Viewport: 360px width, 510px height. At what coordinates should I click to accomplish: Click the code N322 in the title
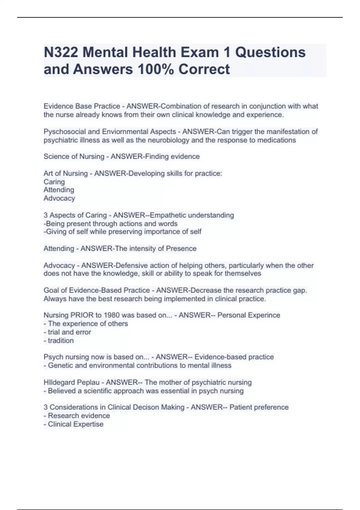[x=61, y=52]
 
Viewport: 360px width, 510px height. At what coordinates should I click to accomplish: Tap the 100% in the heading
[x=155, y=69]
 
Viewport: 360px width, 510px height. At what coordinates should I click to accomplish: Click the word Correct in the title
[x=204, y=69]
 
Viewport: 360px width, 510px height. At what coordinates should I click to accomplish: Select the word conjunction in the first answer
[x=267, y=106]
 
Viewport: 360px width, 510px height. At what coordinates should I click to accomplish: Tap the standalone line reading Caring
[x=54, y=182]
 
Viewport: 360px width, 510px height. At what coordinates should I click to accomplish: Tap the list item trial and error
[x=69, y=332]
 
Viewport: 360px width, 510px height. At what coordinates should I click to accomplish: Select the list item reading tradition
[x=61, y=340]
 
